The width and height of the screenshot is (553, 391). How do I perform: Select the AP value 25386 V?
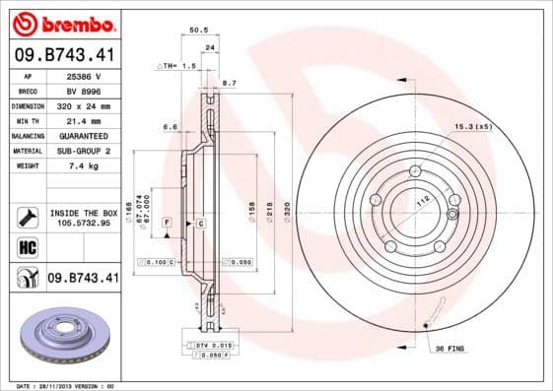pos(85,75)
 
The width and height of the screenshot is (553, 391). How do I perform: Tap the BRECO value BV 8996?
pos(83,90)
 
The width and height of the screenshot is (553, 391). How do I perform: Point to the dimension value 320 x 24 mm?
pos(83,105)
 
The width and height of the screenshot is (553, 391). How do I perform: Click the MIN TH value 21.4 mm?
pos(83,120)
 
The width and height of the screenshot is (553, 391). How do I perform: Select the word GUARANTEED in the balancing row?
pos(83,135)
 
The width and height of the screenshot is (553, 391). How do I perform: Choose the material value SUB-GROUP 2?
pos(83,151)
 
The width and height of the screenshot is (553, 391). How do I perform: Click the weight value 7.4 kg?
pos(83,166)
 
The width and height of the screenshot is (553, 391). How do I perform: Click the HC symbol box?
pos(28,247)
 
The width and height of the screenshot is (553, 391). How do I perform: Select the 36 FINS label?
pos(451,348)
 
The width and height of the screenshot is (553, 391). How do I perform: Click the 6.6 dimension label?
pos(170,127)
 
